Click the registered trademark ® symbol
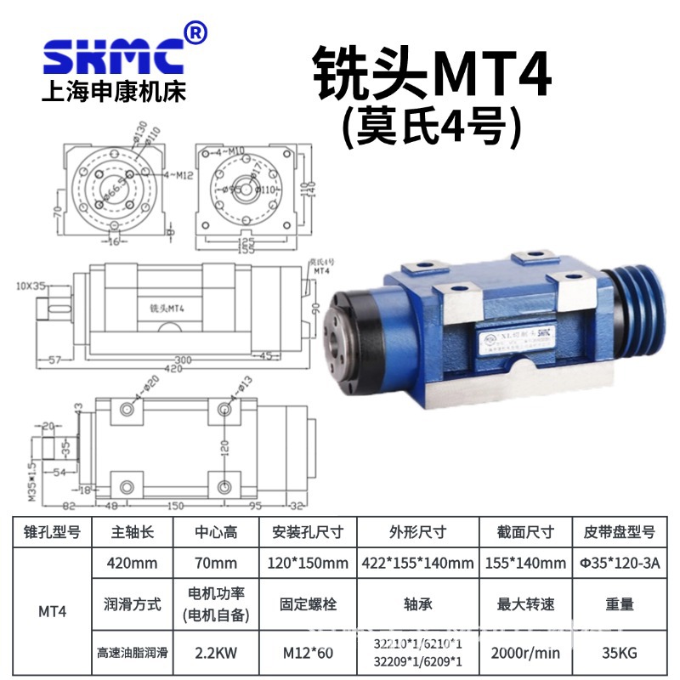pos(195,33)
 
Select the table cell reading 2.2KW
pos(216,655)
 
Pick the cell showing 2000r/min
pos(524,655)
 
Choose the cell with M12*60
pos(308,655)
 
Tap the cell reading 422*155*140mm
pos(416,563)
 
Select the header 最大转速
pos(524,605)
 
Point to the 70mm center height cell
pos(216,563)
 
